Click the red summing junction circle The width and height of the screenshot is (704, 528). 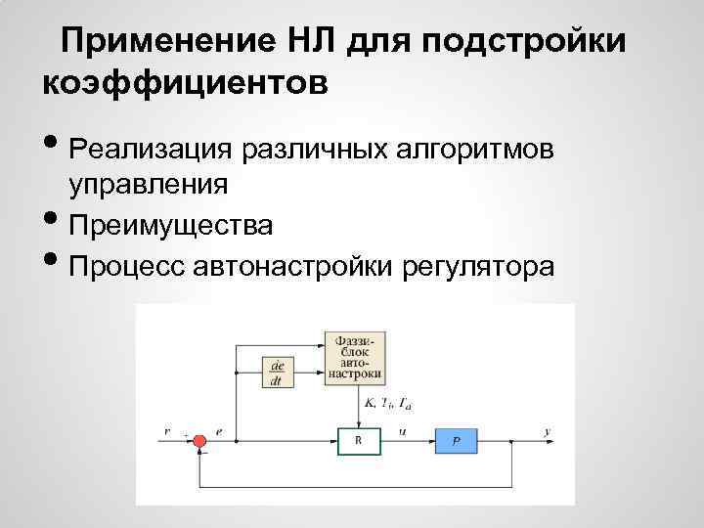point(198,441)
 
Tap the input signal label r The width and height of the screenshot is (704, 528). point(167,431)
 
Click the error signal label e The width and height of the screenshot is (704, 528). point(219,430)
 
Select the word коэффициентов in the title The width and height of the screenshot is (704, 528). point(186,81)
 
